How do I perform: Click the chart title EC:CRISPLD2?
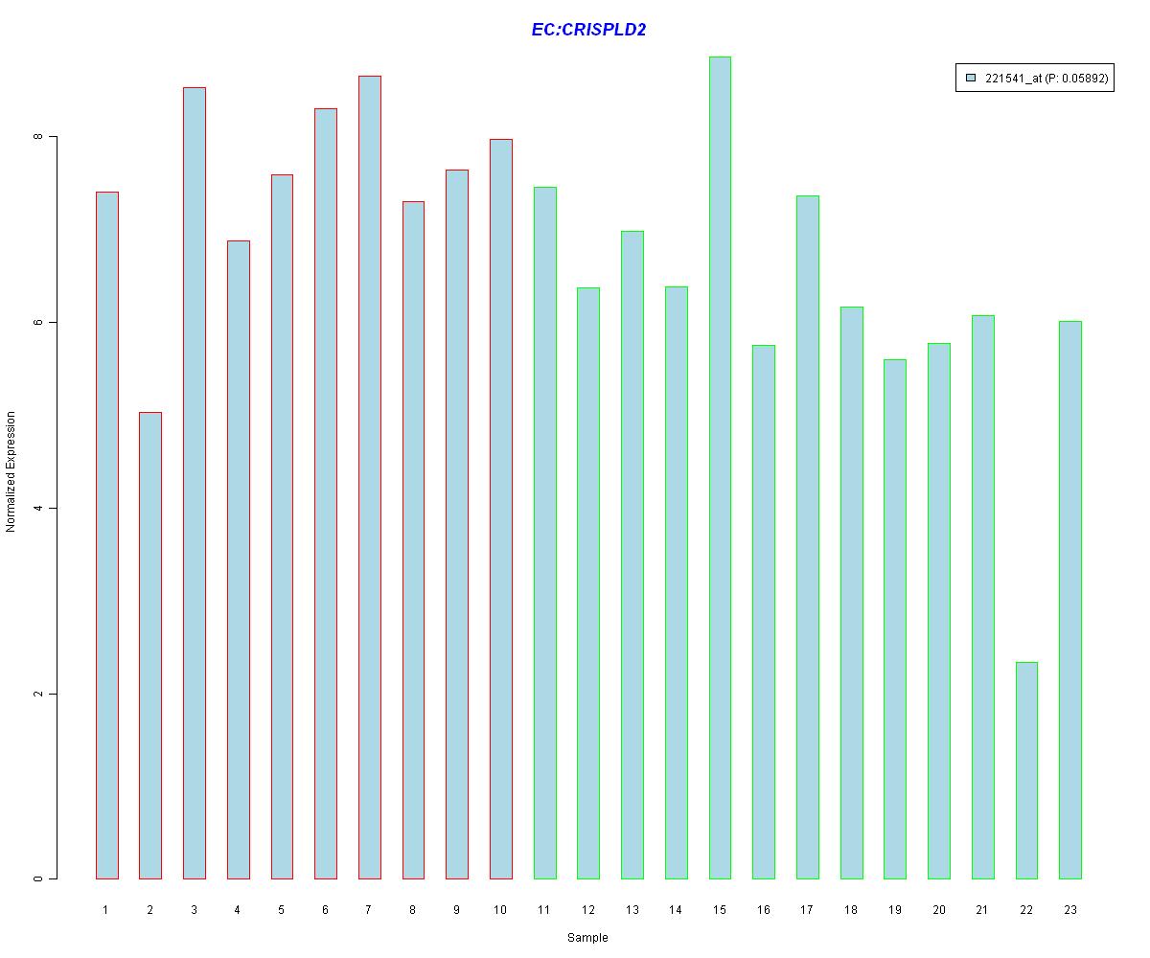tap(588, 30)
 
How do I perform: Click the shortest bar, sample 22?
tap(1026, 770)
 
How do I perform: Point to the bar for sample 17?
tap(808, 536)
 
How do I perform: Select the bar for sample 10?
tap(500, 509)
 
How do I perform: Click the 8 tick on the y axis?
tap(39, 137)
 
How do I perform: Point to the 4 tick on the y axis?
tap(39, 508)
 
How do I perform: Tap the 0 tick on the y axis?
tap(39, 878)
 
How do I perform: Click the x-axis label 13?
tap(632, 909)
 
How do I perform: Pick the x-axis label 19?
tap(895, 909)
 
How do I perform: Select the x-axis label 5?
tap(282, 909)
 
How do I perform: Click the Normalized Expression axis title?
tap(11, 471)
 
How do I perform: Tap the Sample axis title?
tap(587, 938)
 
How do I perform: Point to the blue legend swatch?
tap(971, 79)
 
